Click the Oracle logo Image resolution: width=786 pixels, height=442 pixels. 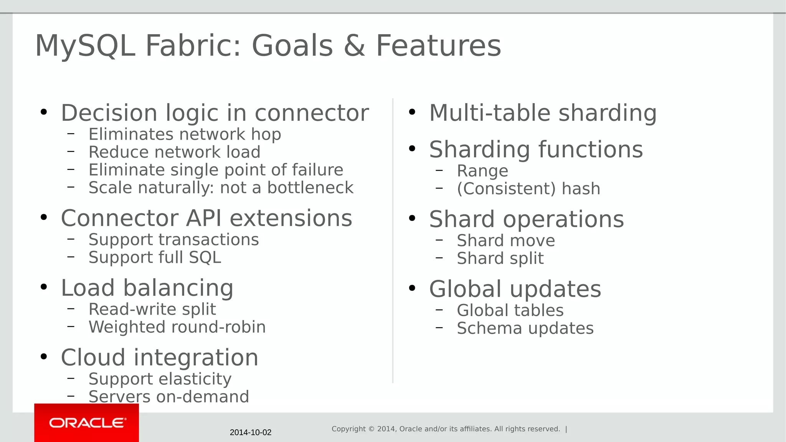[x=87, y=423]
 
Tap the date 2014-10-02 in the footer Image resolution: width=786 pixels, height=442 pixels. [x=251, y=432]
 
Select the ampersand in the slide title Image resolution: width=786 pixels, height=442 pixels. [x=354, y=46]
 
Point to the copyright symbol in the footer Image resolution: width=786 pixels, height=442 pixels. [x=371, y=429]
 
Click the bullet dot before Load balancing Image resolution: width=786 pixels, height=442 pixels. [x=44, y=287]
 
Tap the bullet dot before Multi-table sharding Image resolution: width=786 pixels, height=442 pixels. [x=412, y=112]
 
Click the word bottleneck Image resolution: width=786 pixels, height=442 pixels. [x=310, y=188]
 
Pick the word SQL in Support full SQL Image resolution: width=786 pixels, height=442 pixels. [x=205, y=257]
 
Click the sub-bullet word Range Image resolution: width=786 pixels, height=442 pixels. [x=482, y=171]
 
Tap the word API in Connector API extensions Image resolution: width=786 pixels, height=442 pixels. [x=204, y=218]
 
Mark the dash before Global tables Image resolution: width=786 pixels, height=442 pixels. [x=439, y=310]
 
